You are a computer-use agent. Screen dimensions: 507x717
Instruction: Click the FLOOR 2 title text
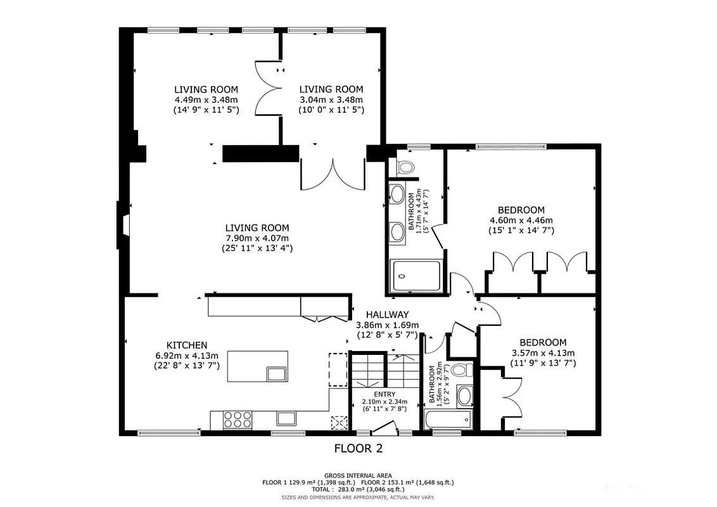pos(358,449)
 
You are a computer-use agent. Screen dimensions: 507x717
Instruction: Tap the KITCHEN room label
pos(186,345)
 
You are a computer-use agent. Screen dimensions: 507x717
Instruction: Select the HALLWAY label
pos(387,314)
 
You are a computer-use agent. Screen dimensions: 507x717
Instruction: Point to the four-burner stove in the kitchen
pos(236,419)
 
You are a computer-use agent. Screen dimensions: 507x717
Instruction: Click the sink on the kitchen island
pos(276,373)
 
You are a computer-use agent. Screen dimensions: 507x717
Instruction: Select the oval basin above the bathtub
pos(464,396)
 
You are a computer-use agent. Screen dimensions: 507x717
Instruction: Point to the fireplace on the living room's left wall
pos(122,225)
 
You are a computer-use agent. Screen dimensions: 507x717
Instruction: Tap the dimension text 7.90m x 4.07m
pos(257,238)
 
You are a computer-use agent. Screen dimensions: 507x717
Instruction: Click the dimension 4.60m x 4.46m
pos(521,221)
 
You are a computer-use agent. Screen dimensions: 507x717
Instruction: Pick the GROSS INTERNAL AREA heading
pos(358,475)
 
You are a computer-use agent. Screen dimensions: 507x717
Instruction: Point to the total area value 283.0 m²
pos(358,489)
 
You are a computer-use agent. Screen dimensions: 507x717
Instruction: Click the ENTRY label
pos(384,394)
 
